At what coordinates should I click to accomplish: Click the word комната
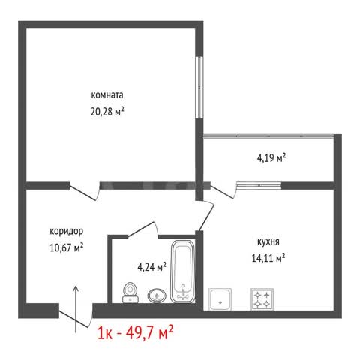[x=107, y=95]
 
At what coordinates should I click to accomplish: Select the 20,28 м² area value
[x=107, y=112]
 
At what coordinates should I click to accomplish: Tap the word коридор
[x=66, y=232]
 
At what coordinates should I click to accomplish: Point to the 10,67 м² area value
[x=67, y=247]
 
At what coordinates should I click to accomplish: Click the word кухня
[x=268, y=242]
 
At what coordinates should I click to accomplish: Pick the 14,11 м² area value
[x=268, y=258]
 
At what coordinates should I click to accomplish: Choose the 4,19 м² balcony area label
[x=271, y=158]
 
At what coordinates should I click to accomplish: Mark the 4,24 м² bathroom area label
[x=152, y=267]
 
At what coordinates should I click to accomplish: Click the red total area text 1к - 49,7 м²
[x=135, y=333]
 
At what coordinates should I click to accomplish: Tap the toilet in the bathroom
[x=130, y=292]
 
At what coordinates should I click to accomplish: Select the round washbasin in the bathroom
[x=157, y=295]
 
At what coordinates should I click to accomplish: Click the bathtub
[x=183, y=271]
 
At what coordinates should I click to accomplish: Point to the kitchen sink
[x=220, y=299]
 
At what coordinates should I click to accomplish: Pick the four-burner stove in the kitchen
[x=262, y=299]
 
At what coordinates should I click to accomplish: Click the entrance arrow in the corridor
[x=76, y=309]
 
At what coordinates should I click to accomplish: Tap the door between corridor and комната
[x=85, y=191]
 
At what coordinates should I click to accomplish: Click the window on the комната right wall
[x=199, y=88]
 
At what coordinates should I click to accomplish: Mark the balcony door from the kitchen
[x=223, y=191]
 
